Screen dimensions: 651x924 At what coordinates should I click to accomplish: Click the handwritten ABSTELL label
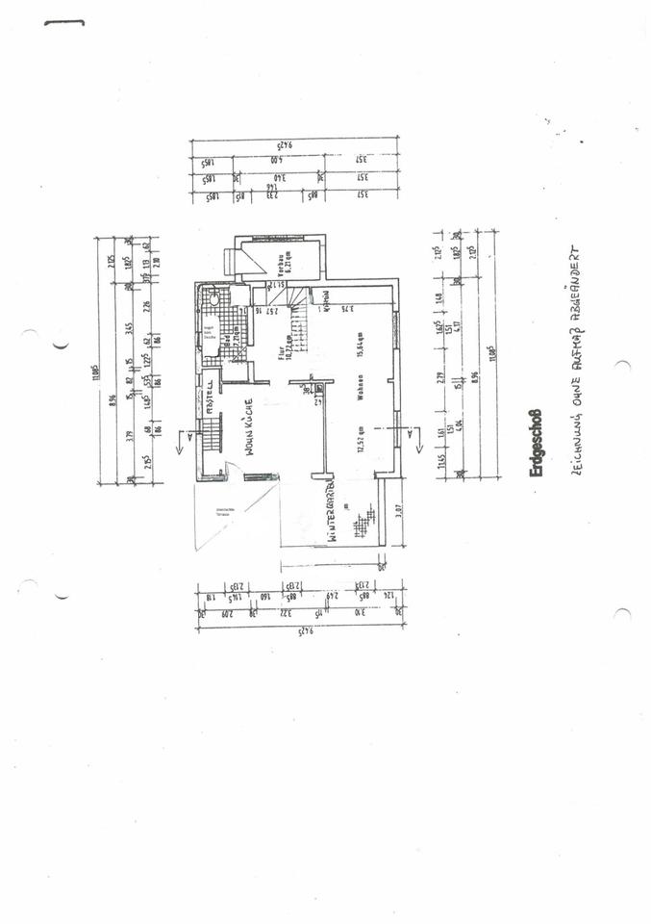209,395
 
